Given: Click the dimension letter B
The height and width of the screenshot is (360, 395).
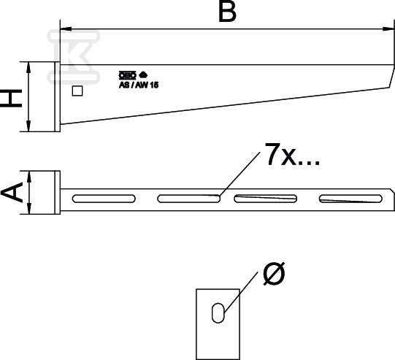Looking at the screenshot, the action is (228, 12).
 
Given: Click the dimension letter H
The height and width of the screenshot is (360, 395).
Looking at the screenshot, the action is (11, 99).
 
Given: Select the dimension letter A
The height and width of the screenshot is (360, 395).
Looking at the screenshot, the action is (12, 192).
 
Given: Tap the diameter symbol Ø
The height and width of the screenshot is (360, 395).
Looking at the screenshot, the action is (274, 274).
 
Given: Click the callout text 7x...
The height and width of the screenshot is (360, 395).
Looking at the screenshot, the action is (281, 154).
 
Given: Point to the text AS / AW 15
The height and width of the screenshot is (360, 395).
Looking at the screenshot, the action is (139, 85).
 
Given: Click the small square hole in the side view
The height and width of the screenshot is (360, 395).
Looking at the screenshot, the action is (77, 91).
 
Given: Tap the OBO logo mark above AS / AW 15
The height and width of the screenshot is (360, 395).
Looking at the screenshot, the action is (128, 75).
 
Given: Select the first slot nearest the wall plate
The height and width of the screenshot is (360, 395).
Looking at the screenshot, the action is (104, 199).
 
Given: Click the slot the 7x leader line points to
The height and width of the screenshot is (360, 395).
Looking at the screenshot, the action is (189, 199).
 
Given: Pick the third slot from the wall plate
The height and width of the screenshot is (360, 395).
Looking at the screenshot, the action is (266, 199).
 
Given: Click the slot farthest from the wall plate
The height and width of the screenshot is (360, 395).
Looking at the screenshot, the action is (350, 199).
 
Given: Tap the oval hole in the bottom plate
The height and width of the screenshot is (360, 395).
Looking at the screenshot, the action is (218, 313).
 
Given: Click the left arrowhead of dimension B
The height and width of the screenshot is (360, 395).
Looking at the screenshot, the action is (66, 29).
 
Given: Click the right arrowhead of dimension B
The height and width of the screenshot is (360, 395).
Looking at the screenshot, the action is (388, 29).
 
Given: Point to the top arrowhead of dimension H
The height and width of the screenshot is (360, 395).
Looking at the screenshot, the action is (28, 67).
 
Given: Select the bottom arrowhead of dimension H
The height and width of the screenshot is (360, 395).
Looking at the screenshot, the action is (28, 126).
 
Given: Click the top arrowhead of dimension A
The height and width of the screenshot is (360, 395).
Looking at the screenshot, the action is (29, 176).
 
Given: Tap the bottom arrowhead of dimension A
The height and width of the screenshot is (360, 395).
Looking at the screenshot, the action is (29, 209).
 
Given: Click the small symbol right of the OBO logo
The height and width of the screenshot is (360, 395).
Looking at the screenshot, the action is (143, 74).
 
